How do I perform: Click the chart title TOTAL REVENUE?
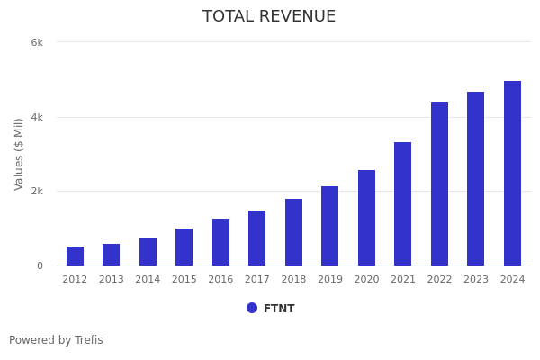269,17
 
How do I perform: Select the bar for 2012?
75,256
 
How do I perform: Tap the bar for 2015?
184,247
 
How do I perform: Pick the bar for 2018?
293,232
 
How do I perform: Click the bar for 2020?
366,218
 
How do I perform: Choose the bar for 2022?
439,184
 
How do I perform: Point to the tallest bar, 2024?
512,174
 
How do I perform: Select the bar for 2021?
402,204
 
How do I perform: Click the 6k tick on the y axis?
37,42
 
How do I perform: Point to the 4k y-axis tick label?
37,117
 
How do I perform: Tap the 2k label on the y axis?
37,192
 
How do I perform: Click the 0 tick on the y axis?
40,265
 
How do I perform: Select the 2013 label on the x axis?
112,280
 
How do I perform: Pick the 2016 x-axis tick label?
220,280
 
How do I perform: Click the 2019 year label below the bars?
330,280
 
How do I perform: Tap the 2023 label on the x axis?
476,280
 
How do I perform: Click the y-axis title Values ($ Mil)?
20,154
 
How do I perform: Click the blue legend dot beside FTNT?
252,308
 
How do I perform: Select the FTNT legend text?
279,309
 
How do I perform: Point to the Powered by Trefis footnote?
56,340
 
